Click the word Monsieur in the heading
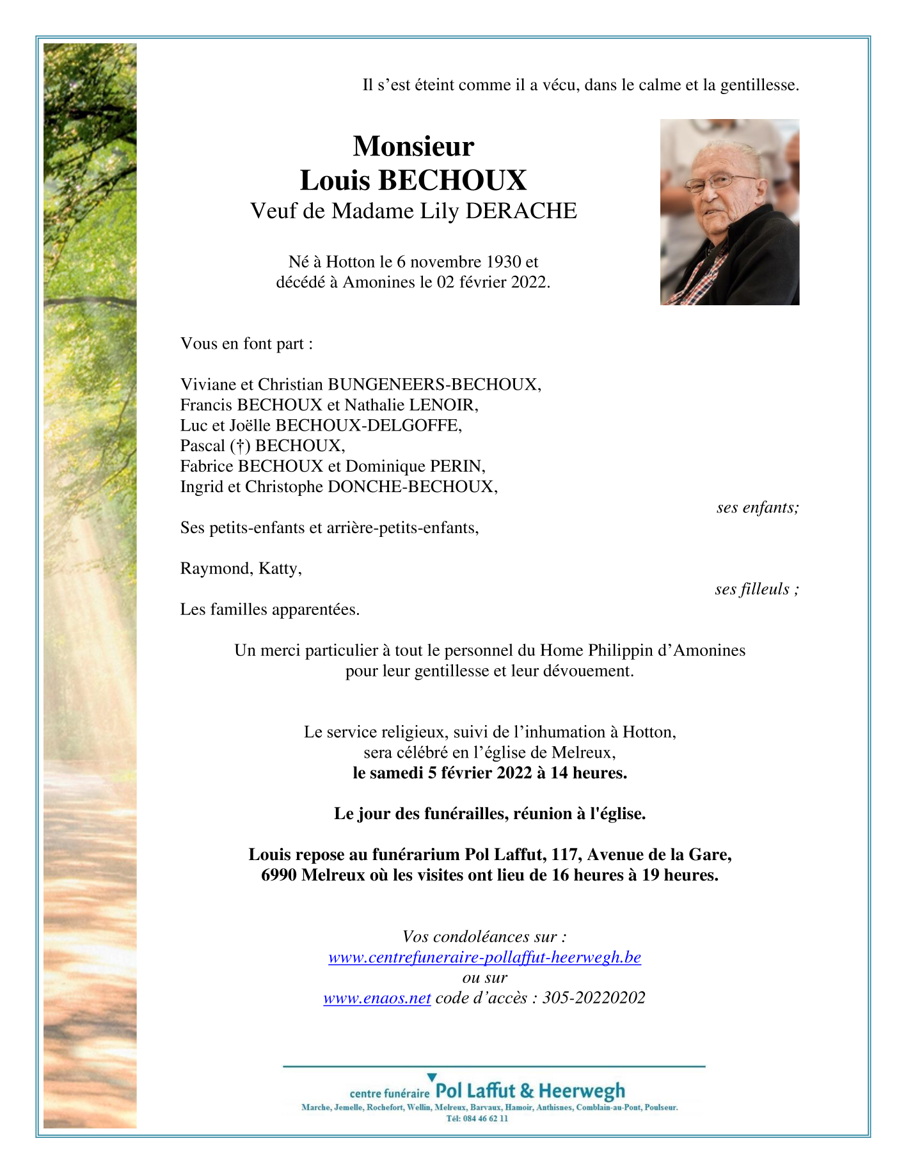[x=413, y=147]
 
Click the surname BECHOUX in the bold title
[x=452, y=180]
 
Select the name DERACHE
[x=521, y=211]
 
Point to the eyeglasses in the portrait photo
[x=720, y=182]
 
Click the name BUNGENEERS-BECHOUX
[x=433, y=385]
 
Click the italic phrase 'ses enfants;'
[x=758, y=507]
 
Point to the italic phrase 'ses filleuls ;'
[x=756, y=589]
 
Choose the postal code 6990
[x=278, y=875]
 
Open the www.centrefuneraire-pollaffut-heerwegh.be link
[x=484, y=957]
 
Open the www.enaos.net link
[x=377, y=998]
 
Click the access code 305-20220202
[x=594, y=998]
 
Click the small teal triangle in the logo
[x=432, y=1078]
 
